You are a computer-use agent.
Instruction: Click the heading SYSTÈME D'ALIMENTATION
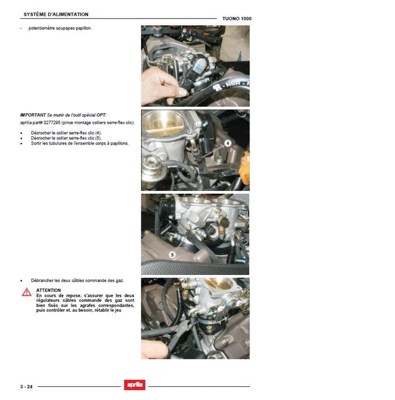click(x=56, y=14)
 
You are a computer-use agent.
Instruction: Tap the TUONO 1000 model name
click(x=237, y=19)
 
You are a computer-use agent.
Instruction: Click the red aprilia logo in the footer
click(x=135, y=385)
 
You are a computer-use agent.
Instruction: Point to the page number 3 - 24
click(x=26, y=386)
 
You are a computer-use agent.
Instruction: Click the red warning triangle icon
click(x=26, y=292)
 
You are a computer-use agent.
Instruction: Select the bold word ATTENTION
click(x=49, y=290)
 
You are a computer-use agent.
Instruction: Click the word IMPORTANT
click(x=33, y=115)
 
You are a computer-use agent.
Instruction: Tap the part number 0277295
click(x=52, y=122)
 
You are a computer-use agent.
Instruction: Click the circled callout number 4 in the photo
click(x=227, y=143)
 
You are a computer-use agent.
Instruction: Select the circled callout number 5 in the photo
click(x=172, y=254)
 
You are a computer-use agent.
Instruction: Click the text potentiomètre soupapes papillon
click(x=60, y=28)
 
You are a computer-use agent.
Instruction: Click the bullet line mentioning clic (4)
click(x=66, y=133)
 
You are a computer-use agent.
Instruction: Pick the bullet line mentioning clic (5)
click(x=66, y=138)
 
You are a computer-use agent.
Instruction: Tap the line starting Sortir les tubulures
click(x=79, y=143)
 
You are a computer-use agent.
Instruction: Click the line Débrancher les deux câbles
click(x=77, y=281)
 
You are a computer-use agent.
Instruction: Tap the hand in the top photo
click(x=163, y=86)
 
